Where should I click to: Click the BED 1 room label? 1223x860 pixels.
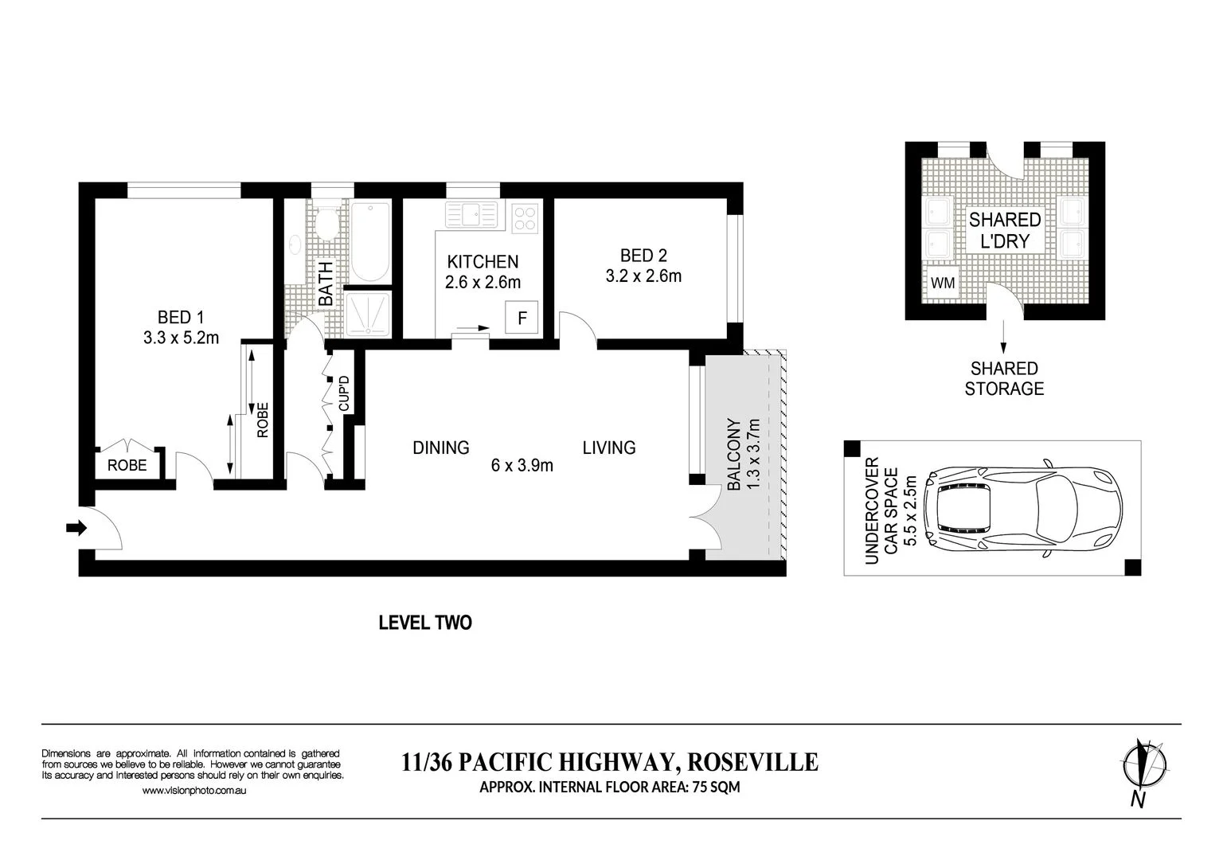[180, 317]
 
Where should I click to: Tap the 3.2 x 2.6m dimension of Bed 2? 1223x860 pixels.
[643, 276]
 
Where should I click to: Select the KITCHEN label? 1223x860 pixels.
[483, 262]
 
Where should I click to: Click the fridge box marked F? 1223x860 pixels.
[522, 317]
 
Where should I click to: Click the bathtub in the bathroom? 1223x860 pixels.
[371, 241]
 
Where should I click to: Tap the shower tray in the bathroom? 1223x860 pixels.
[369, 314]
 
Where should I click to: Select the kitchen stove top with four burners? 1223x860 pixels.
[525, 218]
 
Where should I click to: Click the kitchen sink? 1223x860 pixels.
[471, 214]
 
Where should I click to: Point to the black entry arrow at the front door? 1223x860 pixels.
[76, 528]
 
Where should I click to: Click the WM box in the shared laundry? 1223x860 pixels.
[943, 283]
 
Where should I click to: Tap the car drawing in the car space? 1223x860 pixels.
[1022, 512]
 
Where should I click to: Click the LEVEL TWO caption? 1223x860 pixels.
[425, 623]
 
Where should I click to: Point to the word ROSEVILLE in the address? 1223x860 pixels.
[753, 762]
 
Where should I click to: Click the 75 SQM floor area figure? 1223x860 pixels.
[717, 788]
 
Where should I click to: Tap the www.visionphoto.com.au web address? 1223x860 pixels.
[194, 790]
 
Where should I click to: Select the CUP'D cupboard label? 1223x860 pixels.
[344, 393]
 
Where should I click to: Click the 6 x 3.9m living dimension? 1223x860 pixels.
[522, 465]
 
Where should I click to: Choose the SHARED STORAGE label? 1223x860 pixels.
[1004, 378]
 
